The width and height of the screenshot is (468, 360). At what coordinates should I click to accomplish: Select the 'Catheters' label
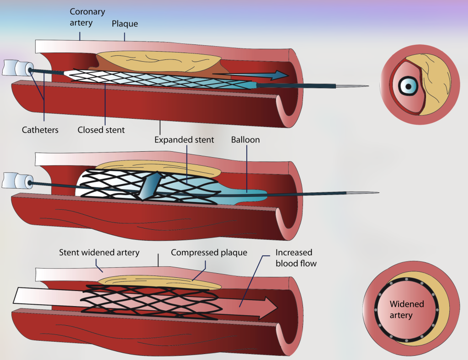40,130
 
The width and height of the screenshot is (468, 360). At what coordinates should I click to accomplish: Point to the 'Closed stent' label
101,130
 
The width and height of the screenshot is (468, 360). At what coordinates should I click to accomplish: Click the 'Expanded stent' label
184,140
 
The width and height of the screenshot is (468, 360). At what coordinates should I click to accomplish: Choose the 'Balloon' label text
245,140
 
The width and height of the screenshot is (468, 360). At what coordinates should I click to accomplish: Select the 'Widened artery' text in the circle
407,310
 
